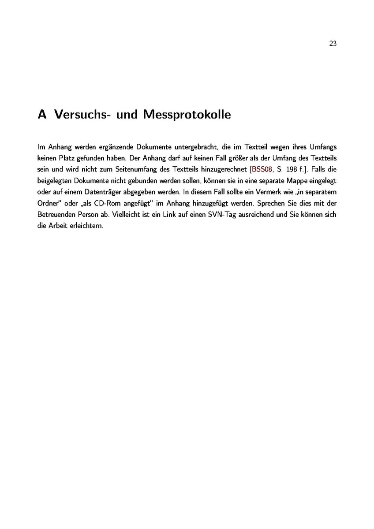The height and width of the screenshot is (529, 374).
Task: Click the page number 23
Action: coord(333,43)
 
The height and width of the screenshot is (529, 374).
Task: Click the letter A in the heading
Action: coord(42,115)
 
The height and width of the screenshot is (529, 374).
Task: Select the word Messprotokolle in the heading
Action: coord(187,115)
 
